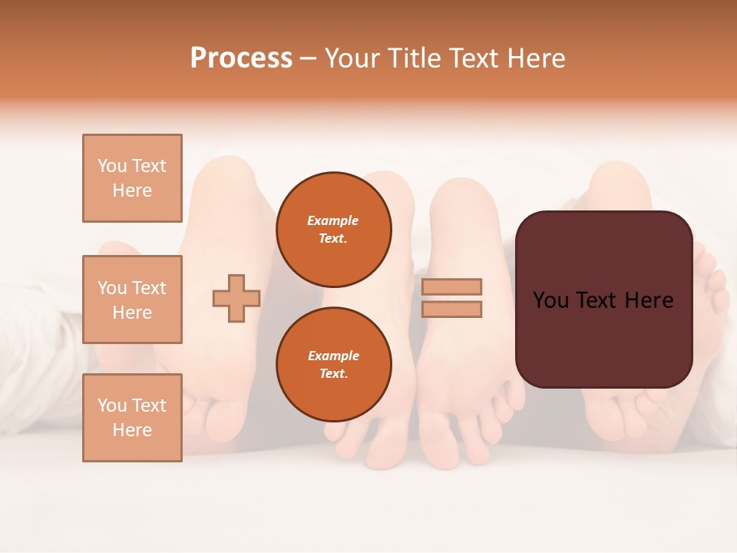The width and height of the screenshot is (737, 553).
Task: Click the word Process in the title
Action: [x=241, y=58]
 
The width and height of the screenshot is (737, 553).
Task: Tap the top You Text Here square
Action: [x=132, y=178]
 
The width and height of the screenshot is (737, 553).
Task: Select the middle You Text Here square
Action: [x=132, y=300]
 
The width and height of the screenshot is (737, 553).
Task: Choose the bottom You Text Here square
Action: [x=132, y=418]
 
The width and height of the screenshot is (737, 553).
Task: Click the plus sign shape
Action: [x=236, y=298]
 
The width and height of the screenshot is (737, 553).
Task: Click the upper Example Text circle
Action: [x=334, y=230]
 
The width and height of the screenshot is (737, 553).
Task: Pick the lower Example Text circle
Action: [x=334, y=365]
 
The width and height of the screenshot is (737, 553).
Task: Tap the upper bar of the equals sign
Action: [x=451, y=286]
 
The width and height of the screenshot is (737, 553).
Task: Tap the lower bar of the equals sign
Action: [x=451, y=309]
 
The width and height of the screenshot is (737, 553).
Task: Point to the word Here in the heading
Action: [x=534, y=58]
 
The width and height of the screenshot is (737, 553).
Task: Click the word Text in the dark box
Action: [x=603, y=300]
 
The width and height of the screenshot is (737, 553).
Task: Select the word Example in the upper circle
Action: [x=332, y=220]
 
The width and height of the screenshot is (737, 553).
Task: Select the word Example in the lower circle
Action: [x=333, y=356]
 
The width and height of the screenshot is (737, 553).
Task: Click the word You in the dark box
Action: [x=550, y=300]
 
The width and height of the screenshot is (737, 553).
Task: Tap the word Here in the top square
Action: [x=132, y=190]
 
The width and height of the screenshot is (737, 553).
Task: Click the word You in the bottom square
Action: [x=112, y=406]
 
